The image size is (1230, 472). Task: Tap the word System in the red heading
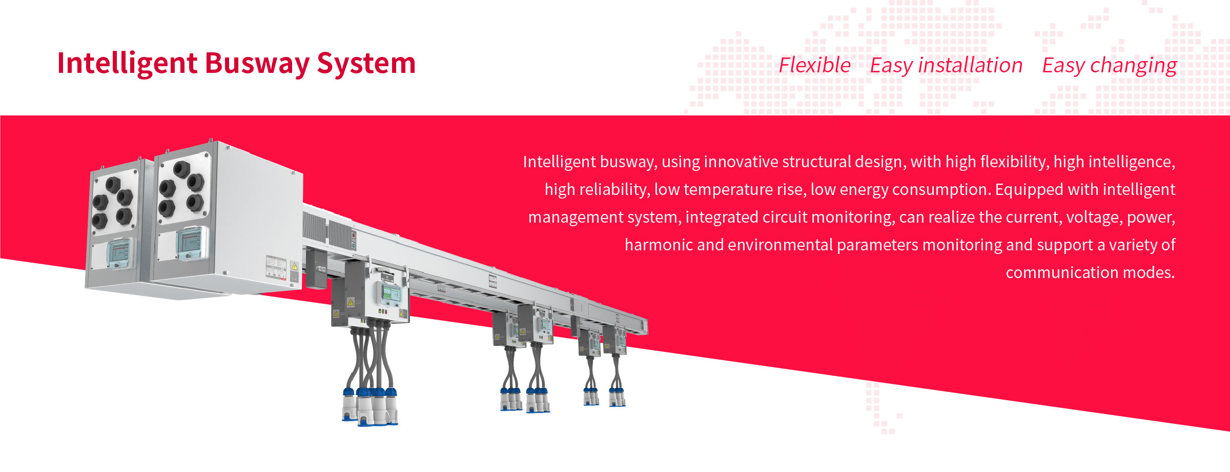[x=366, y=64]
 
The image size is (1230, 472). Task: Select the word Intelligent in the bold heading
[x=127, y=64]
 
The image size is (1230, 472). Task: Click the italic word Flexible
[x=815, y=66]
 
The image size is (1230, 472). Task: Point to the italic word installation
[x=970, y=66]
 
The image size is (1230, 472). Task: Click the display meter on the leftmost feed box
[x=120, y=253]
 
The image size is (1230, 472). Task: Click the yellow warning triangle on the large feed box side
[x=295, y=266]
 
